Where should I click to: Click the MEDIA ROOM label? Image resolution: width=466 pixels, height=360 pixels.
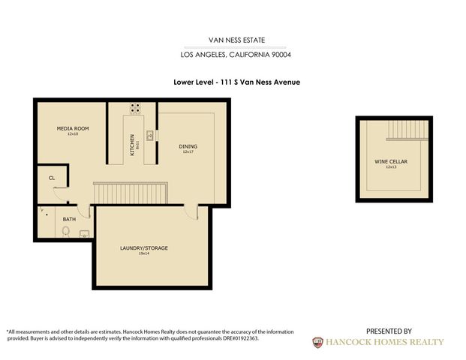tap(73, 129)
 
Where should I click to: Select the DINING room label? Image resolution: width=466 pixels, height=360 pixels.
tap(188, 146)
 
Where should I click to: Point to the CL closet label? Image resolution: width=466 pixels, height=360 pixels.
tap(52, 178)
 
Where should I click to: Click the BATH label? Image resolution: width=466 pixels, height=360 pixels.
tap(69, 220)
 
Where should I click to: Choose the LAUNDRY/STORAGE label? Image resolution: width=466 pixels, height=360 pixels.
tap(143, 248)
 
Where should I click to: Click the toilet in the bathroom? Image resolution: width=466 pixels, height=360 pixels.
tap(65, 231)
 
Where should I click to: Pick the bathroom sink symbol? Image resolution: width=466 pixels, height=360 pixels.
tap(84, 234)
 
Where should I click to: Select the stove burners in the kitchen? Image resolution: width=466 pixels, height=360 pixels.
tap(135, 107)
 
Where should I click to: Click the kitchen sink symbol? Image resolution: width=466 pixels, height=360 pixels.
tap(150, 135)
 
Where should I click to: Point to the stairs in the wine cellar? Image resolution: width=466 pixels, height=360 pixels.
tap(407, 132)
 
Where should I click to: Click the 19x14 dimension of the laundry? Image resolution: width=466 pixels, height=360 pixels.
tap(143, 254)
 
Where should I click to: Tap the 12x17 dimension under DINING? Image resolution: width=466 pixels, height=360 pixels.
tap(188, 152)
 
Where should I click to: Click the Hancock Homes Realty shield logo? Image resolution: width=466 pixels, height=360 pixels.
tap(318, 342)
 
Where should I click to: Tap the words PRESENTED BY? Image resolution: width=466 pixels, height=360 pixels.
tap(389, 331)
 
